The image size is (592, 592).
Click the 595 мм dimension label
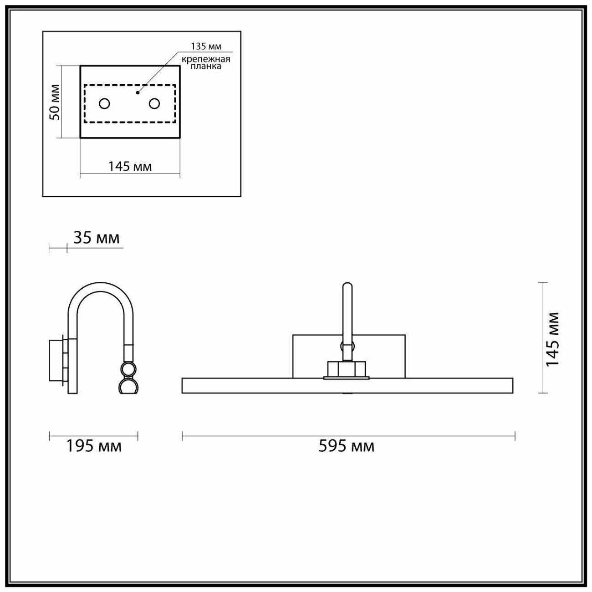pos(346,446)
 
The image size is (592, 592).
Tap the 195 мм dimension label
pos(94,446)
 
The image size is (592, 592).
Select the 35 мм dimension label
pos(96,238)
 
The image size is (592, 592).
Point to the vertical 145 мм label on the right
pos(552,339)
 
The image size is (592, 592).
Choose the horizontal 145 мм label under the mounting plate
pos(130,167)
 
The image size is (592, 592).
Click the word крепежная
pos(206,59)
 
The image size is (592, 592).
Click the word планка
pos(206,66)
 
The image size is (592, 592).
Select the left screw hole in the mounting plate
pos(104,104)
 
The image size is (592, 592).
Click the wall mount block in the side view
pos(56,360)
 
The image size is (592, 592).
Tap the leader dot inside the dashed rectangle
pos(138,92)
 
